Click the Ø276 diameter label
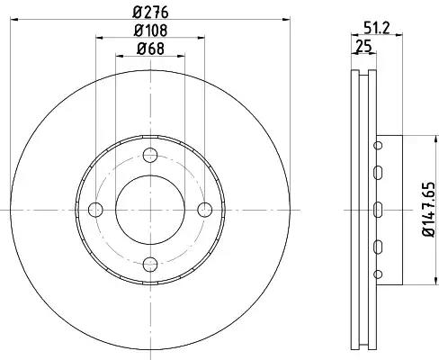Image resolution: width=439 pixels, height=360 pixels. tap(150, 13)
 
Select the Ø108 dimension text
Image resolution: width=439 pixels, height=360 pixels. tap(150, 31)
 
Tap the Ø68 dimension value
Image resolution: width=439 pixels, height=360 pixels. tap(150, 49)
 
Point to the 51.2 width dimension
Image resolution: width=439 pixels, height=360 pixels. tap(376, 29)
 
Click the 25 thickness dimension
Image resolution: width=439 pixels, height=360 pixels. tap(363, 47)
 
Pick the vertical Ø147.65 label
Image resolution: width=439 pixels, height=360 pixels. tap(428, 210)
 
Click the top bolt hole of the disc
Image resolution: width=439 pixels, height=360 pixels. tap(150, 155)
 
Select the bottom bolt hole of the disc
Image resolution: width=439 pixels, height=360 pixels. tap(150, 265)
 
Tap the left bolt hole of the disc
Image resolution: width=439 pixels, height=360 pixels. tap(95, 210)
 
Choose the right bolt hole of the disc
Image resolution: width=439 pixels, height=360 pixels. tap(205, 210)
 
